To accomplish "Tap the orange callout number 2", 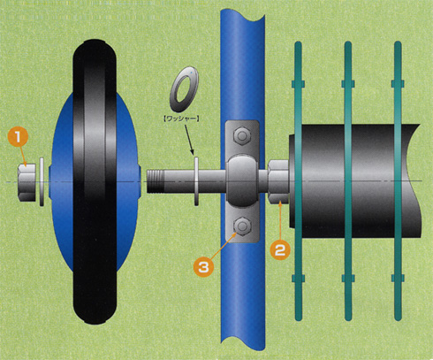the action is click(x=280, y=250).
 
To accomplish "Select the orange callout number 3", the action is click(x=203, y=267).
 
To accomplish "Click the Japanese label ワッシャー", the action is click(x=181, y=119).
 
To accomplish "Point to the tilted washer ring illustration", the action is click(x=184, y=89).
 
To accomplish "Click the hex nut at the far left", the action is click(x=27, y=182).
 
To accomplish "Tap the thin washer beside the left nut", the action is click(x=42, y=182).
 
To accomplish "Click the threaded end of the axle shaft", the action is click(x=156, y=181).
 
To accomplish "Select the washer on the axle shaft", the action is click(x=196, y=181).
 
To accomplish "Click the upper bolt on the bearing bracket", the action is click(x=242, y=136).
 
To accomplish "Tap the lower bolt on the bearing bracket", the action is click(x=242, y=226).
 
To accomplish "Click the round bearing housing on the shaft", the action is click(x=242, y=181).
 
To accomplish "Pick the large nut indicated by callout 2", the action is click(x=278, y=182).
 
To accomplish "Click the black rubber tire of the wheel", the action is click(x=95, y=181).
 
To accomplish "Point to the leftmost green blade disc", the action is click(x=298, y=181).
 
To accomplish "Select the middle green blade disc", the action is click(x=348, y=181).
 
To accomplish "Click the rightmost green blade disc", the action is click(x=398, y=181).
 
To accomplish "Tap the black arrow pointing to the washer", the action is click(x=189, y=140).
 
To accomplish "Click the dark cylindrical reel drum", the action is click(x=353, y=180).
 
